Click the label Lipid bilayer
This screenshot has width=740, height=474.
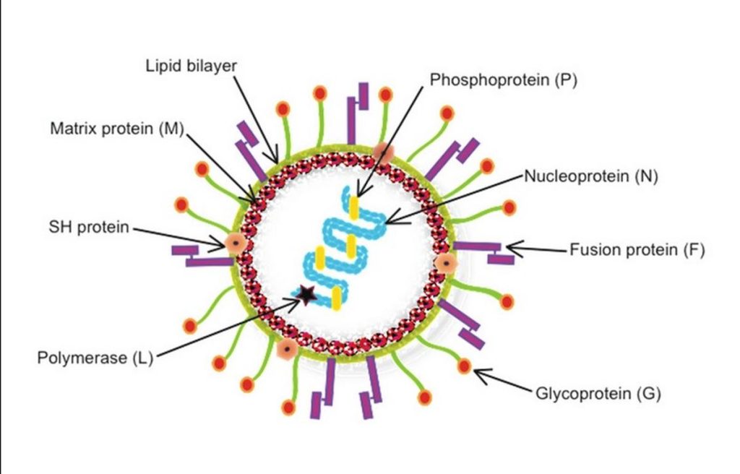[191, 66]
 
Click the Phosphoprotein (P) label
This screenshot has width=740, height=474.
[503, 79]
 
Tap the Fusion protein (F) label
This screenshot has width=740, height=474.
[637, 250]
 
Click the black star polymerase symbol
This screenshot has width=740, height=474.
[307, 294]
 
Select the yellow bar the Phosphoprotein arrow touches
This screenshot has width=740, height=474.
[354, 207]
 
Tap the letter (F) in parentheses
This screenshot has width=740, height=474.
[694, 250]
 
